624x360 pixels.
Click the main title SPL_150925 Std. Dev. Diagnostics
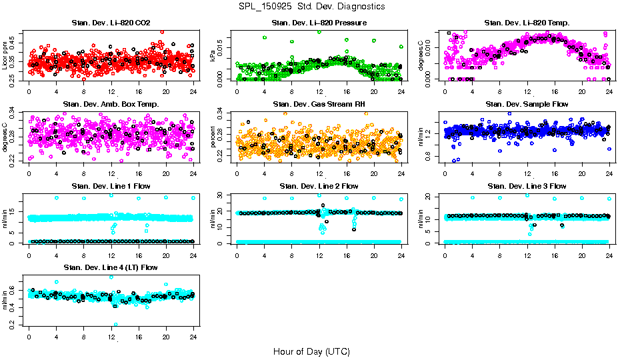[311, 6]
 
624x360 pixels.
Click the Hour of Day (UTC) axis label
[311, 351]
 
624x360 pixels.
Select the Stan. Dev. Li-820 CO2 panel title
[111, 23]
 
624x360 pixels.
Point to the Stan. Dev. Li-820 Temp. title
[527, 23]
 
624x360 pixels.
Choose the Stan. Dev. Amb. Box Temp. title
[111, 104]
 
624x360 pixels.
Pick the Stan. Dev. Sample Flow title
[527, 104]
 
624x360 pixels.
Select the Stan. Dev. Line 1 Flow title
[111, 186]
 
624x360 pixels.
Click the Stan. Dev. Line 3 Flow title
[527, 186]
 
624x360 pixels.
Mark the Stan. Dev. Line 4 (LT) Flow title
[111, 267]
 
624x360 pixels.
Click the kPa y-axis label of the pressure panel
[213, 56]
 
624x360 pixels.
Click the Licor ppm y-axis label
[5, 56]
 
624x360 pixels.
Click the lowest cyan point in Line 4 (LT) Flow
[116, 325]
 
